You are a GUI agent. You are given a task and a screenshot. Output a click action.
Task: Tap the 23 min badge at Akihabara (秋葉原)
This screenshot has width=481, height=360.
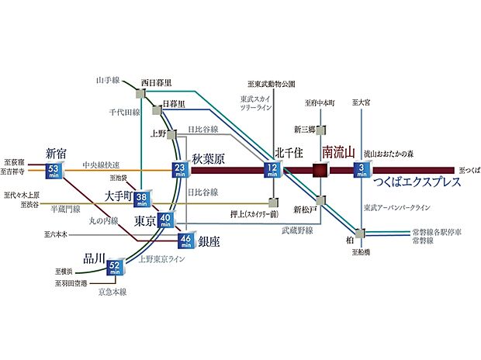(x=180, y=170)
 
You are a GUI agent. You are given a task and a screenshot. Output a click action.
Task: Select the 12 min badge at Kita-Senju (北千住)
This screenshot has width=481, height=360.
(x=272, y=170)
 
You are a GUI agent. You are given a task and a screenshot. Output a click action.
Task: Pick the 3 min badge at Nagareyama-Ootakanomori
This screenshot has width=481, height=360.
(x=362, y=170)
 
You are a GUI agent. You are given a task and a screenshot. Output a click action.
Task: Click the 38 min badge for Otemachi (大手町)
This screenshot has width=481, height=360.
(x=143, y=200)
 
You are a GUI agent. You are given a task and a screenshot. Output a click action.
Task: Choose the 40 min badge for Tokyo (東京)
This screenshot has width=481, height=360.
(x=164, y=221)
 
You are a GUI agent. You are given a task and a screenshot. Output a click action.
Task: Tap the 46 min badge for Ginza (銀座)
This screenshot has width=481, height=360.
(x=185, y=241)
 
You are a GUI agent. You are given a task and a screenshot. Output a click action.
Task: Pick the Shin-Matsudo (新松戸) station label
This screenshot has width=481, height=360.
(x=307, y=209)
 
